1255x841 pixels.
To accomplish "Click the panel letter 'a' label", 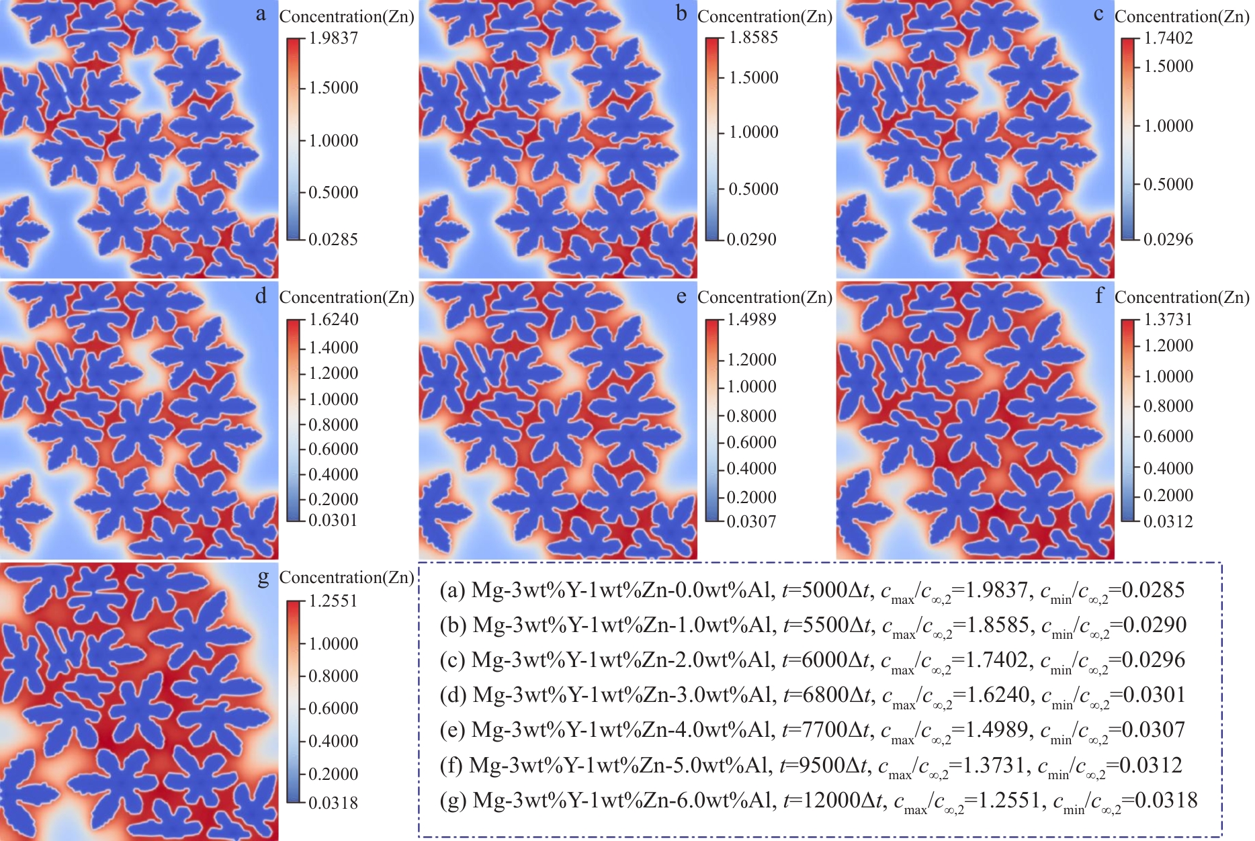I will coord(261,14).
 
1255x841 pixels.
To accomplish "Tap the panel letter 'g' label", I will coord(263,577).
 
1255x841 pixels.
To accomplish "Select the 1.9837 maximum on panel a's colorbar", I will coord(333,38).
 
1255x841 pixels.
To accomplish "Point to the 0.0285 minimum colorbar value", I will coord(333,239).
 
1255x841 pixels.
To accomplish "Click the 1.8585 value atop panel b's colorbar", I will coord(753,38).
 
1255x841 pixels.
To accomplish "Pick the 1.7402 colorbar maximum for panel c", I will coord(1168,38).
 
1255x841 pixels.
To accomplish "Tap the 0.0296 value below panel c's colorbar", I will coord(1168,239).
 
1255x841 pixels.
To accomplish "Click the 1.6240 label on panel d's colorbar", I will coord(333,320).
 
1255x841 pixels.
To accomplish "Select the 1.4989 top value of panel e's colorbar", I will coord(752,320).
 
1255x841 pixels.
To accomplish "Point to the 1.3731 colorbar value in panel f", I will coord(1168,320).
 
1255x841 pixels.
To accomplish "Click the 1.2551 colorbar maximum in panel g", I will coord(333,601).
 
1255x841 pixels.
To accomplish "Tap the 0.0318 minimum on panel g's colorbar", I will coord(333,803).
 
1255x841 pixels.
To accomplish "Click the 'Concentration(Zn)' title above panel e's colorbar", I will coord(765,298).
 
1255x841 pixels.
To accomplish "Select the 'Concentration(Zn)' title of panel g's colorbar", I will coord(347,578).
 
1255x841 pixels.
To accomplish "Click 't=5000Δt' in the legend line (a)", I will coord(826,590).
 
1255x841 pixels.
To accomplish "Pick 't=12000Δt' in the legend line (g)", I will coord(833,800).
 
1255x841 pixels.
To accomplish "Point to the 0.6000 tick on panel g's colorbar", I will coord(333,708).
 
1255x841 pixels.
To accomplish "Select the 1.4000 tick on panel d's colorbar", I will coord(333,347).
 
